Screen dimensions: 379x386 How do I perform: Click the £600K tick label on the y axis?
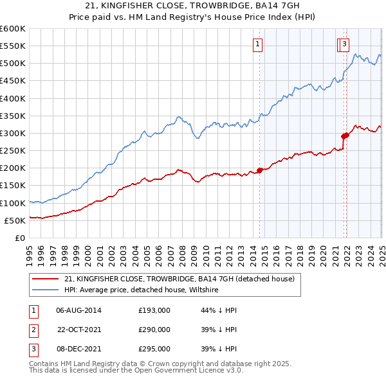click(13, 29)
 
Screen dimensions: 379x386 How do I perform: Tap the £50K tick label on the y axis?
click(15, 220)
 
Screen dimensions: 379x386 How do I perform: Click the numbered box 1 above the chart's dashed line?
click(257, 44)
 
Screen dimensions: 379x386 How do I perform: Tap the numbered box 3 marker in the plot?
click(345, 44)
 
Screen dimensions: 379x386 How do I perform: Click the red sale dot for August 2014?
click(260, 170)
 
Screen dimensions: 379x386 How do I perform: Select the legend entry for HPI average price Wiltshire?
click(142, 290)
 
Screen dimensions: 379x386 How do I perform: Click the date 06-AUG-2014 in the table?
click(79, 310)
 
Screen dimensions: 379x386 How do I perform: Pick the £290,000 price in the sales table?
click(154, 330)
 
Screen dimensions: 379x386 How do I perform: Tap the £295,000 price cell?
click(154, 349)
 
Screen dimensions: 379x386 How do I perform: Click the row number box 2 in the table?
click(32, 330)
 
